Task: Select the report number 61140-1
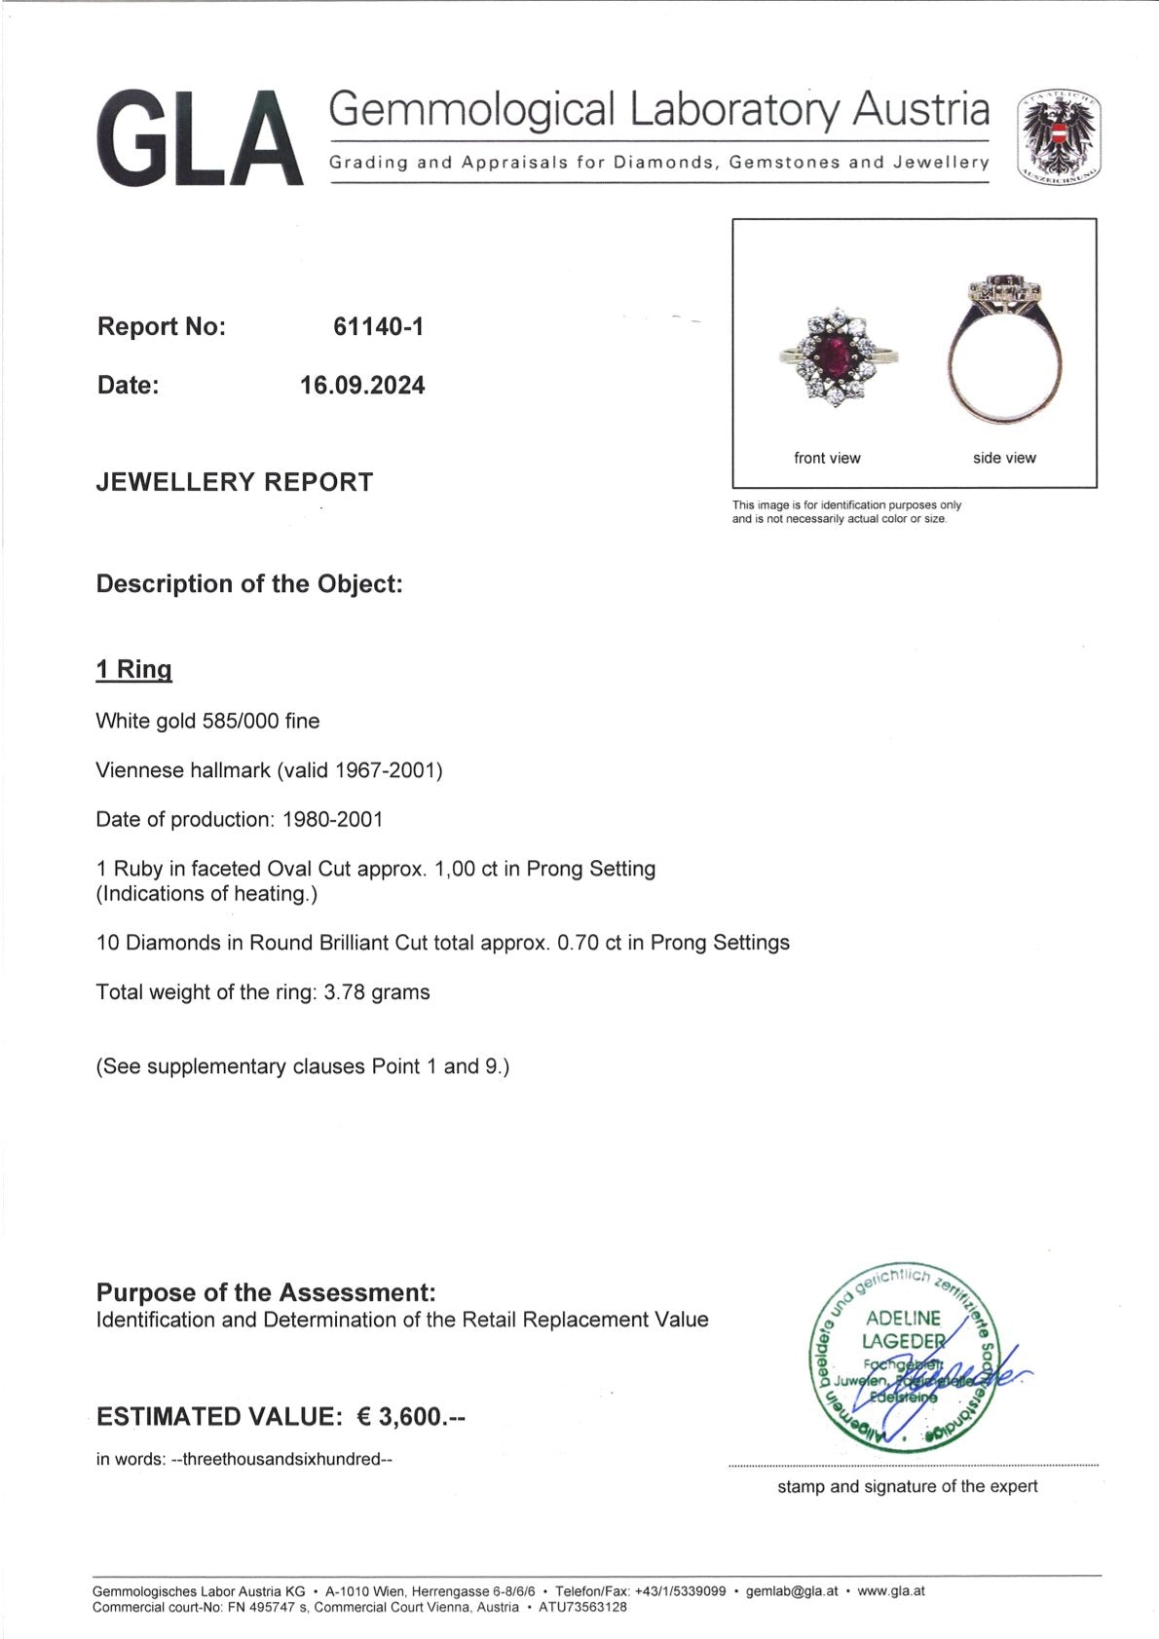378,327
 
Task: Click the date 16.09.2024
362,386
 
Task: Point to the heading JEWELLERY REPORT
234,482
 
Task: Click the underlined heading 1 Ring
133,670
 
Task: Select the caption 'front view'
827,458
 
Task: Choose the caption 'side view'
1004,458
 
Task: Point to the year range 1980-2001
332,820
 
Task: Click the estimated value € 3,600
411,1417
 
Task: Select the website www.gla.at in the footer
891,1591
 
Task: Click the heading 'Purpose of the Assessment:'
266,1292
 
